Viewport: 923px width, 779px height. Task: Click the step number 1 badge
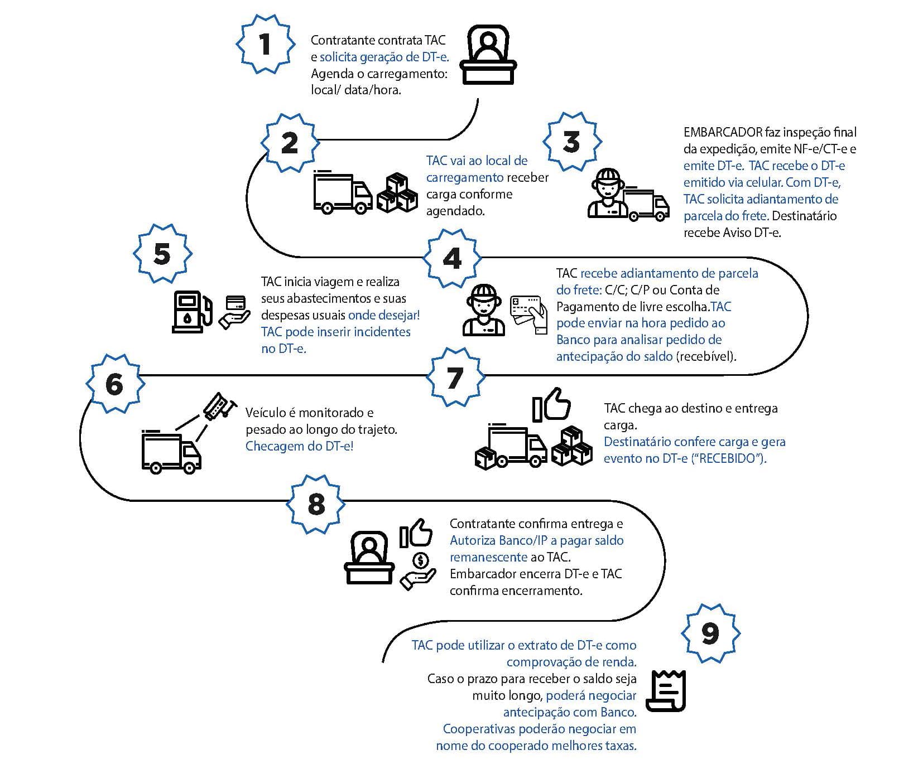click(x=266, y=45)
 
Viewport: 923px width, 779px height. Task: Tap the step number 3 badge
click(x=572, y=142)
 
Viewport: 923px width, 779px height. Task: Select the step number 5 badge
click(x=162, y=254)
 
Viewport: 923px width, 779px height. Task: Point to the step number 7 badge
click(x=455, y=378)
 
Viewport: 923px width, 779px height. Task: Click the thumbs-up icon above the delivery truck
click(x=551, y=405)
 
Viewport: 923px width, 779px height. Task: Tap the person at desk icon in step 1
click(x=488, y=55)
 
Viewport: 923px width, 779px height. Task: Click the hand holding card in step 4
click(x=530, y=314)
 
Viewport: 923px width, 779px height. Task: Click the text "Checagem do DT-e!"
click(x=300, y=447)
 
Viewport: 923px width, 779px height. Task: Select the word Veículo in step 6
click(x=266, y=413)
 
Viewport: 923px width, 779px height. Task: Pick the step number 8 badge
click(x=316, y=504)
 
